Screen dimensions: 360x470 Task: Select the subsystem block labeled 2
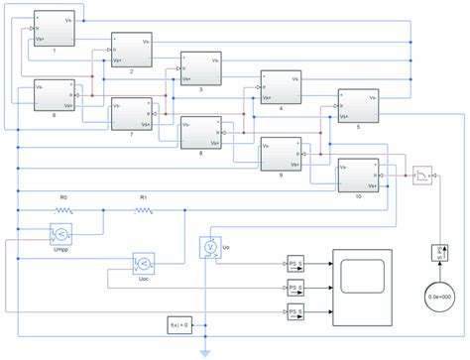click(130, 51)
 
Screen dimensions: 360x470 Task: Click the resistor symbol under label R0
click(64, 211)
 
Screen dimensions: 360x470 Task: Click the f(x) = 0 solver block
click(182, 324)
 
